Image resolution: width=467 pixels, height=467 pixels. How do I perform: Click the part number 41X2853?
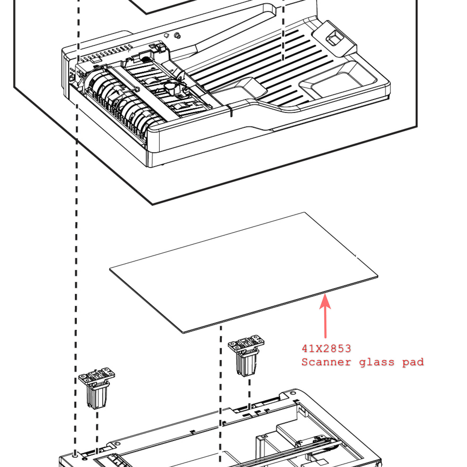click(x=326, y=348)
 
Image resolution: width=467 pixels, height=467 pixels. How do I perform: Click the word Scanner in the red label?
click(x=326, y=362)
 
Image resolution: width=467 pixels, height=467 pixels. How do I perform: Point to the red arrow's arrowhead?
click(x=325, y=301)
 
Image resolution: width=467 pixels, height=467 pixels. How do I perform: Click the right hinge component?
click(x=246, y=355)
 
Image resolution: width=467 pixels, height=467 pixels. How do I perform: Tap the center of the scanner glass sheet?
click(x=243, y=273)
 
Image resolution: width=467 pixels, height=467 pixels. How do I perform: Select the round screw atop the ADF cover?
click(x=177, y=35)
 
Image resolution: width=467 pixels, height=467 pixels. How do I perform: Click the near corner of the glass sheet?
click(x=183, y=332)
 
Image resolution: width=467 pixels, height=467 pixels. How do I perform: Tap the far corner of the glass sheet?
click(x=304, y=212)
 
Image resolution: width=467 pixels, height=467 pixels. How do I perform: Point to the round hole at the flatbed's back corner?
click(x=293, y=393)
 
